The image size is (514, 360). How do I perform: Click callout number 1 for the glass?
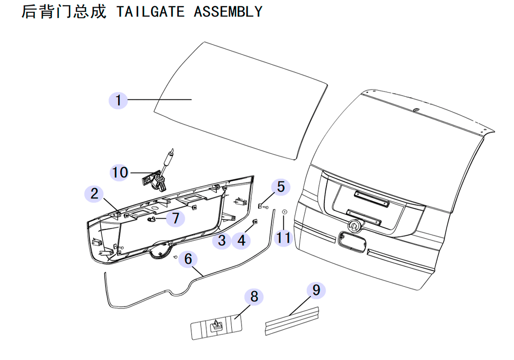[118, 100]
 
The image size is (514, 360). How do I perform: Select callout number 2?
[94, 193]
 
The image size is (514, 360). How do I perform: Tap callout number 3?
[222, 240]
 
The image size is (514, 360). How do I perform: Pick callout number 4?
[241, 240]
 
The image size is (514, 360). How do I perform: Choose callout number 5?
[281, 187]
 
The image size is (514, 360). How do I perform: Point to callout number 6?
[188, 259]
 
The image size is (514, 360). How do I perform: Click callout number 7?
[176, 218]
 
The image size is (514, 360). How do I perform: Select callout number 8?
[254, 296]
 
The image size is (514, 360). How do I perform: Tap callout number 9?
[316, 290]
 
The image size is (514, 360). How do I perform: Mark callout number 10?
[120, 172]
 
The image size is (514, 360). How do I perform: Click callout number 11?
[284, 238]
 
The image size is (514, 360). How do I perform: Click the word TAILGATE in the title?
[151, 12]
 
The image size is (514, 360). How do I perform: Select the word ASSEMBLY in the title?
[228, 12]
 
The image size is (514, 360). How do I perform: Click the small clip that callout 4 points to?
[255, 222]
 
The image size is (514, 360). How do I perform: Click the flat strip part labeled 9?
[292, 321]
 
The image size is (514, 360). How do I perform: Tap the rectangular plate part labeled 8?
[216, 327]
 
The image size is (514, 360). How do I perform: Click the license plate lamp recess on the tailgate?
[353, 242]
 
